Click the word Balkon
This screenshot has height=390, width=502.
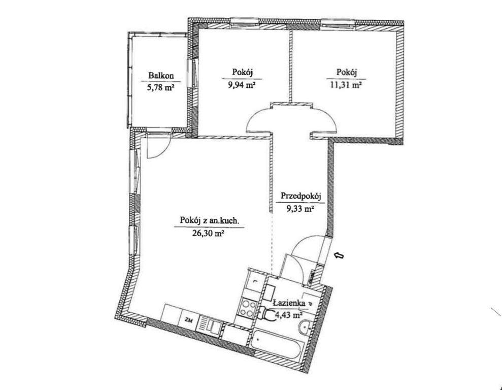[x=161, y=76]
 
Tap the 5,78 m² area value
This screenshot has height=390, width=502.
[x=160, y=87]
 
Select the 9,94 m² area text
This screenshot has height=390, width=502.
[x=242, y=85]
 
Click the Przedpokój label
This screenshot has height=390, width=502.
[x=301, y=196]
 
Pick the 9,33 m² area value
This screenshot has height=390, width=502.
[x=300, y=209]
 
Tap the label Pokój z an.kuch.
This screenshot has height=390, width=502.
[x=209, y=220]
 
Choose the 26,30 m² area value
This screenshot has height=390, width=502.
[x=208, y=234]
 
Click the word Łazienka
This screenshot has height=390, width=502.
[x=289, y=302]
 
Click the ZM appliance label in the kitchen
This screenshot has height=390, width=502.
[x=189, y=319]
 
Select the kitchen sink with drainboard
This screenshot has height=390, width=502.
[x=210, y=326]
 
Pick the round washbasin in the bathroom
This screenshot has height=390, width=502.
[x=305, y=327]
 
